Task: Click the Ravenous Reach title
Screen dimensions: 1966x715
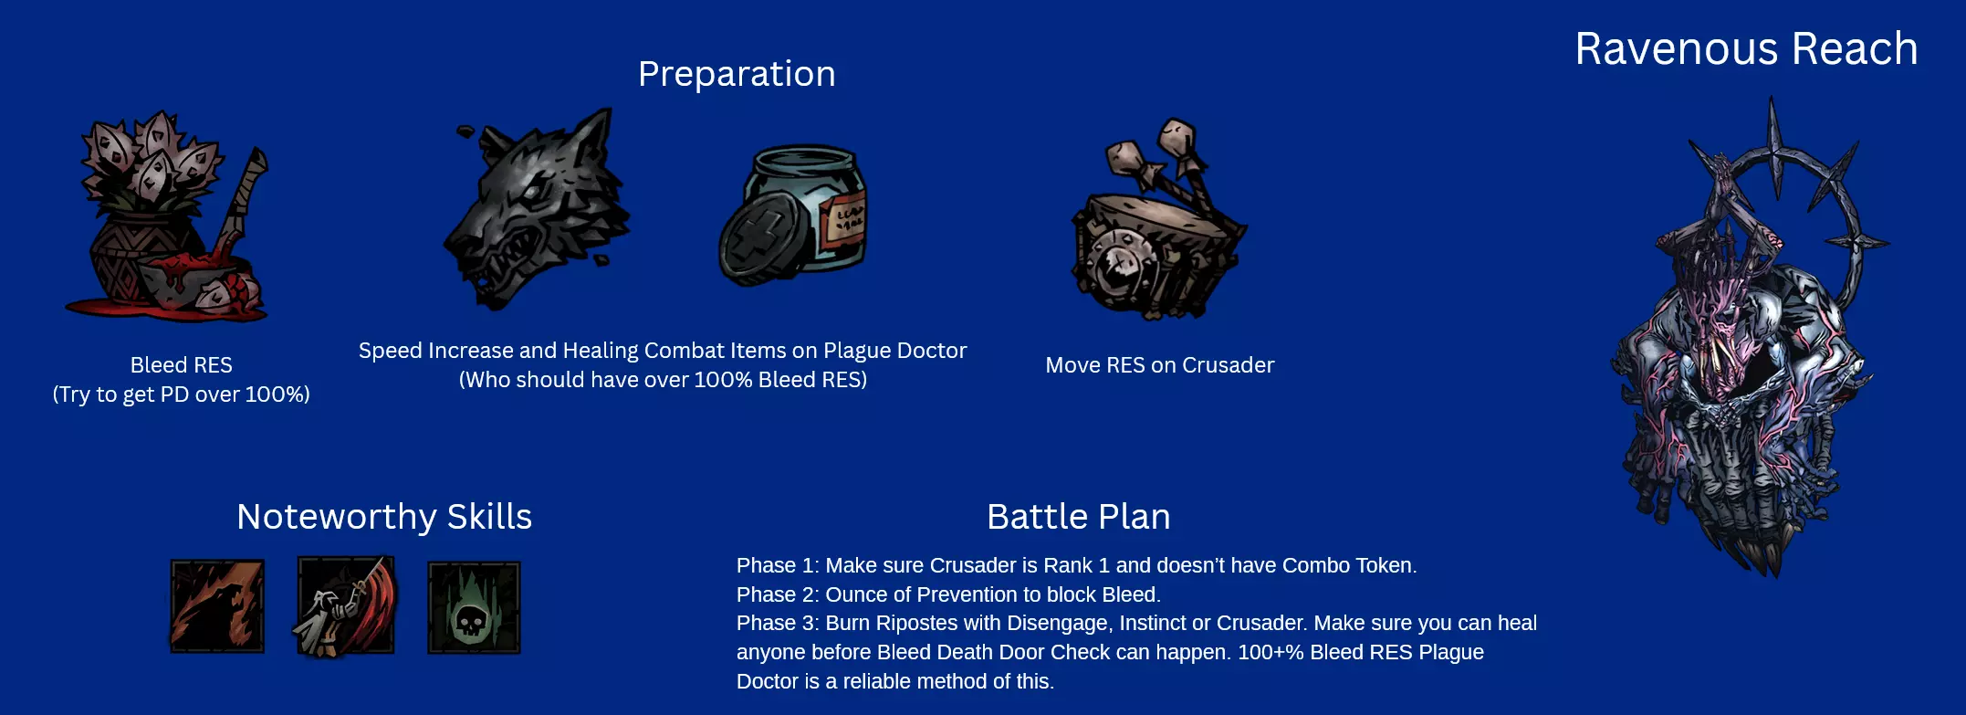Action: (x=1746, y=48)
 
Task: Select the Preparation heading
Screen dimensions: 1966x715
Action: (x=737, y=74)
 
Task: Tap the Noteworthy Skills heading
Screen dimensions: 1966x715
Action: (x=384, y=517)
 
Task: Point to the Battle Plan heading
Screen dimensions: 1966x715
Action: (x=1078, y=517)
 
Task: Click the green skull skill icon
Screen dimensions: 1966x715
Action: (x=474, y=608)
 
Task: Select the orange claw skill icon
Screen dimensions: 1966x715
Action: (x=217, y=606)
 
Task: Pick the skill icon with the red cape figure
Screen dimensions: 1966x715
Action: (x=346, y=606)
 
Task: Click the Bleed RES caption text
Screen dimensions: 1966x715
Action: (x=181, y=365)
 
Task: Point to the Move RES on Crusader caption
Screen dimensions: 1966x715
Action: (x=1159, y=365)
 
